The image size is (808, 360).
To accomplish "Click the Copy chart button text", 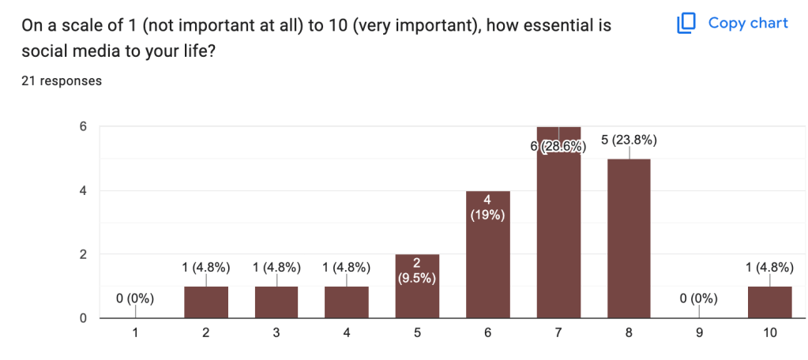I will tap(748, 23).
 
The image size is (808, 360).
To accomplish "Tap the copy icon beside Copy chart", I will tap(686, 24).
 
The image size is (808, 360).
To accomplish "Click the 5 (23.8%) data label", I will tap(629, 141).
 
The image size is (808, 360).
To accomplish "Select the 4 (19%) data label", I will tap(488, 207).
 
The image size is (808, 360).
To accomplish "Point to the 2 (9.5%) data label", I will tap(418, 270).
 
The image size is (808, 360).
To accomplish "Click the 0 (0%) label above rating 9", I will tap(699, 298).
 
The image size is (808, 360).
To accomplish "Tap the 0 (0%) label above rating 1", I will tap(136, 298).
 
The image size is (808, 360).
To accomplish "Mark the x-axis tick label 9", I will tap(699, 333).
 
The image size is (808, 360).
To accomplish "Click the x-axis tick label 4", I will tap(347, 333).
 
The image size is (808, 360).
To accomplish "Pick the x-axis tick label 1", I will tap(136, 333).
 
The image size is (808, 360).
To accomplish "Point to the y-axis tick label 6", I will tap(82, 126).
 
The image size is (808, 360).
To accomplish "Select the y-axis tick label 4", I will tap(82, 190).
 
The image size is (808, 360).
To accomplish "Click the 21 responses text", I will tap(61, 81).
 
